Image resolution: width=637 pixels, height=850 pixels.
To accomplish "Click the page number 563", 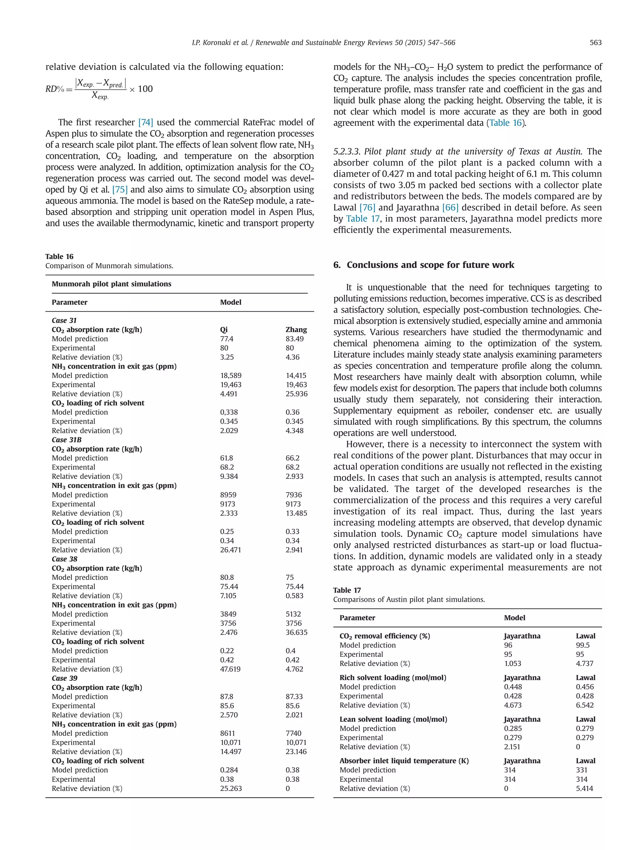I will pos(595,43).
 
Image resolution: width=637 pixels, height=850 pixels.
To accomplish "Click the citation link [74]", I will pos(146,123).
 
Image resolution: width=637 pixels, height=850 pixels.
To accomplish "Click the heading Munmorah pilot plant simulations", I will pos(111,284).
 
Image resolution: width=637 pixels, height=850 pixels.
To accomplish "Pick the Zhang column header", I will pos(296,330).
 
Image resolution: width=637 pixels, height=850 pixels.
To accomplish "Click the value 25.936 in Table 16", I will pos(296,394).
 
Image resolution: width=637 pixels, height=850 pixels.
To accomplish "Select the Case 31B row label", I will pos(67,439).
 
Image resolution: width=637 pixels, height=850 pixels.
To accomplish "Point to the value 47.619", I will pos(230,669).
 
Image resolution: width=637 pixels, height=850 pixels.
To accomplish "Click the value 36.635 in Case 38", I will pos(296,632).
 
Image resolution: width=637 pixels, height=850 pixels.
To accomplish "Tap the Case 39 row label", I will pos(64,678).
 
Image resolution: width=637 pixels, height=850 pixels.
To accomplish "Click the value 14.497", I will pos(230,752).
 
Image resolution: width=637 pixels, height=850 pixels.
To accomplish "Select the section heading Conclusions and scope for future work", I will pos(430,265).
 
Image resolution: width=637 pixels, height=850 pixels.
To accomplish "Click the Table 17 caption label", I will pos(347,590).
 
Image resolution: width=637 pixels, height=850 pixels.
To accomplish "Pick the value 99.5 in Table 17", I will pos(583,645).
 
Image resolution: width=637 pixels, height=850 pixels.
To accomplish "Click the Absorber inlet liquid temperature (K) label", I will pos(404,761).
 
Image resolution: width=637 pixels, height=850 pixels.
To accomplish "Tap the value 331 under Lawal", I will pos(581,770).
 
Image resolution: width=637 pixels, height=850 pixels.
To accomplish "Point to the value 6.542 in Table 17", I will pos(584,705).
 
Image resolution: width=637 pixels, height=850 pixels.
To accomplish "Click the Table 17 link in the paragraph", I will pos(362,219).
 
